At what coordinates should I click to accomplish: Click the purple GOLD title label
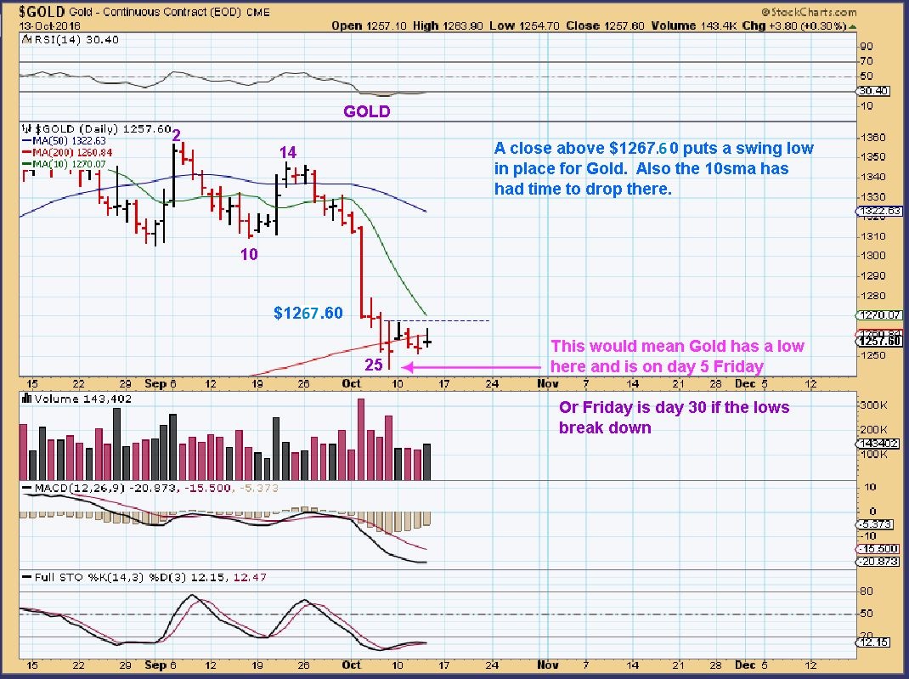point(366,111)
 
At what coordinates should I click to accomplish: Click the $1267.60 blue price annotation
point(308,314)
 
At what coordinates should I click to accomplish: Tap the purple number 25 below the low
point(374,365)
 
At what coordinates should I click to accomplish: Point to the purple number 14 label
point(288,152)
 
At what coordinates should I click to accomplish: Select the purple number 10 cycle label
point(249,253)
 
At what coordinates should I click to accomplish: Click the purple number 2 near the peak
point(176,136)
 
